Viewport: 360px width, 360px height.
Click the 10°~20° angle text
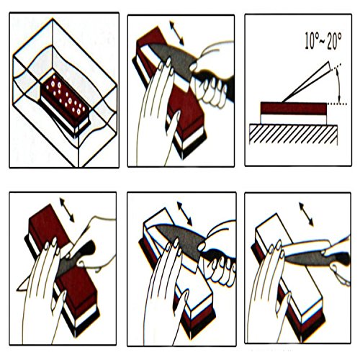pos(323,41)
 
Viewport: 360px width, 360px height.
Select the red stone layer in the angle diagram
pos(294,108)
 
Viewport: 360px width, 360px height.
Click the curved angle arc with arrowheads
pos(338,84)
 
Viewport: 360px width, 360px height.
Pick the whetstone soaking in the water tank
pos(66,103)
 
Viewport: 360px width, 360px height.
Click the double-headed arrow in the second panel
pos(176,33)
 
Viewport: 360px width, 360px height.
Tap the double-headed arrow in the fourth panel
pos(67,210)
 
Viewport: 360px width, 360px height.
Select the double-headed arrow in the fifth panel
pos(184,214)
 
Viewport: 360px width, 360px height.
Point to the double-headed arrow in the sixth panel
pos(306,215)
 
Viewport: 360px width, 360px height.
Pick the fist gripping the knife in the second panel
pos(210,89)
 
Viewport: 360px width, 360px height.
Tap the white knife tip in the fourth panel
pos(24,284)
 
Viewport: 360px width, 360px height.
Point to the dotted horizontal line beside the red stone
pos(337,104)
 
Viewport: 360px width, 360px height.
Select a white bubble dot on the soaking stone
pos(53,84)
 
